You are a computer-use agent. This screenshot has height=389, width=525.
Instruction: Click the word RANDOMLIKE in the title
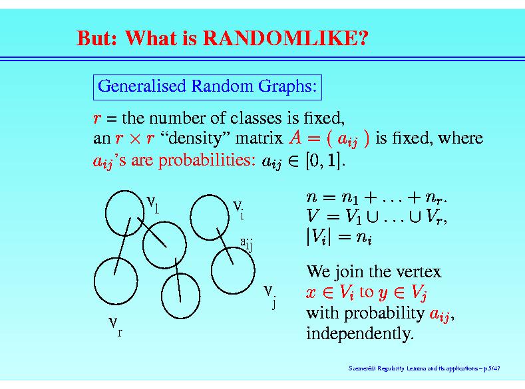285,38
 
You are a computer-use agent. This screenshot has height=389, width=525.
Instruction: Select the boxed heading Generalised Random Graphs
207,87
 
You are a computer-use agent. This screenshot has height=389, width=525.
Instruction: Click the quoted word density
194,138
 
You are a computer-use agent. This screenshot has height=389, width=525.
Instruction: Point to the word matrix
259,138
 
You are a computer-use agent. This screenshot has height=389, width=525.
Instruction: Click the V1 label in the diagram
152,204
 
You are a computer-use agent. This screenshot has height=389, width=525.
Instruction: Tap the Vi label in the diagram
238,209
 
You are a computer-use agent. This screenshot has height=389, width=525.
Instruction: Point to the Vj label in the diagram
270,297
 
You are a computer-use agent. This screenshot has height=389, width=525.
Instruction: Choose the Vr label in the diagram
116,326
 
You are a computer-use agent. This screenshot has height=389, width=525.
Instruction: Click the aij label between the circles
246,244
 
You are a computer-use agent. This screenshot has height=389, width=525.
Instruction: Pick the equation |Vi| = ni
339,237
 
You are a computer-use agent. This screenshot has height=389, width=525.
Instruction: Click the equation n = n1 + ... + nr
377,197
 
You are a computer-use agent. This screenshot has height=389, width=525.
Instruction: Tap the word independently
360,334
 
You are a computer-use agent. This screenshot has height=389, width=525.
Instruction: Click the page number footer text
425,368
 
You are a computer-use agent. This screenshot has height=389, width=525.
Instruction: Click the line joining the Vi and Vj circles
225,246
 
